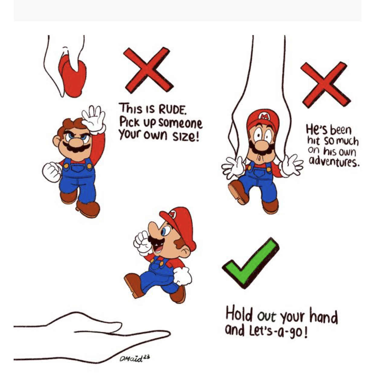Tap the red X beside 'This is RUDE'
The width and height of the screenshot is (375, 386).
148,70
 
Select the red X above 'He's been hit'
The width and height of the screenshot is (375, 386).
325,85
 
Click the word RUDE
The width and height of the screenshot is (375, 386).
172,110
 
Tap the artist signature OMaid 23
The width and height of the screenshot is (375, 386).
135,358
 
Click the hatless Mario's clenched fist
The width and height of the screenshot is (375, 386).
51,172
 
